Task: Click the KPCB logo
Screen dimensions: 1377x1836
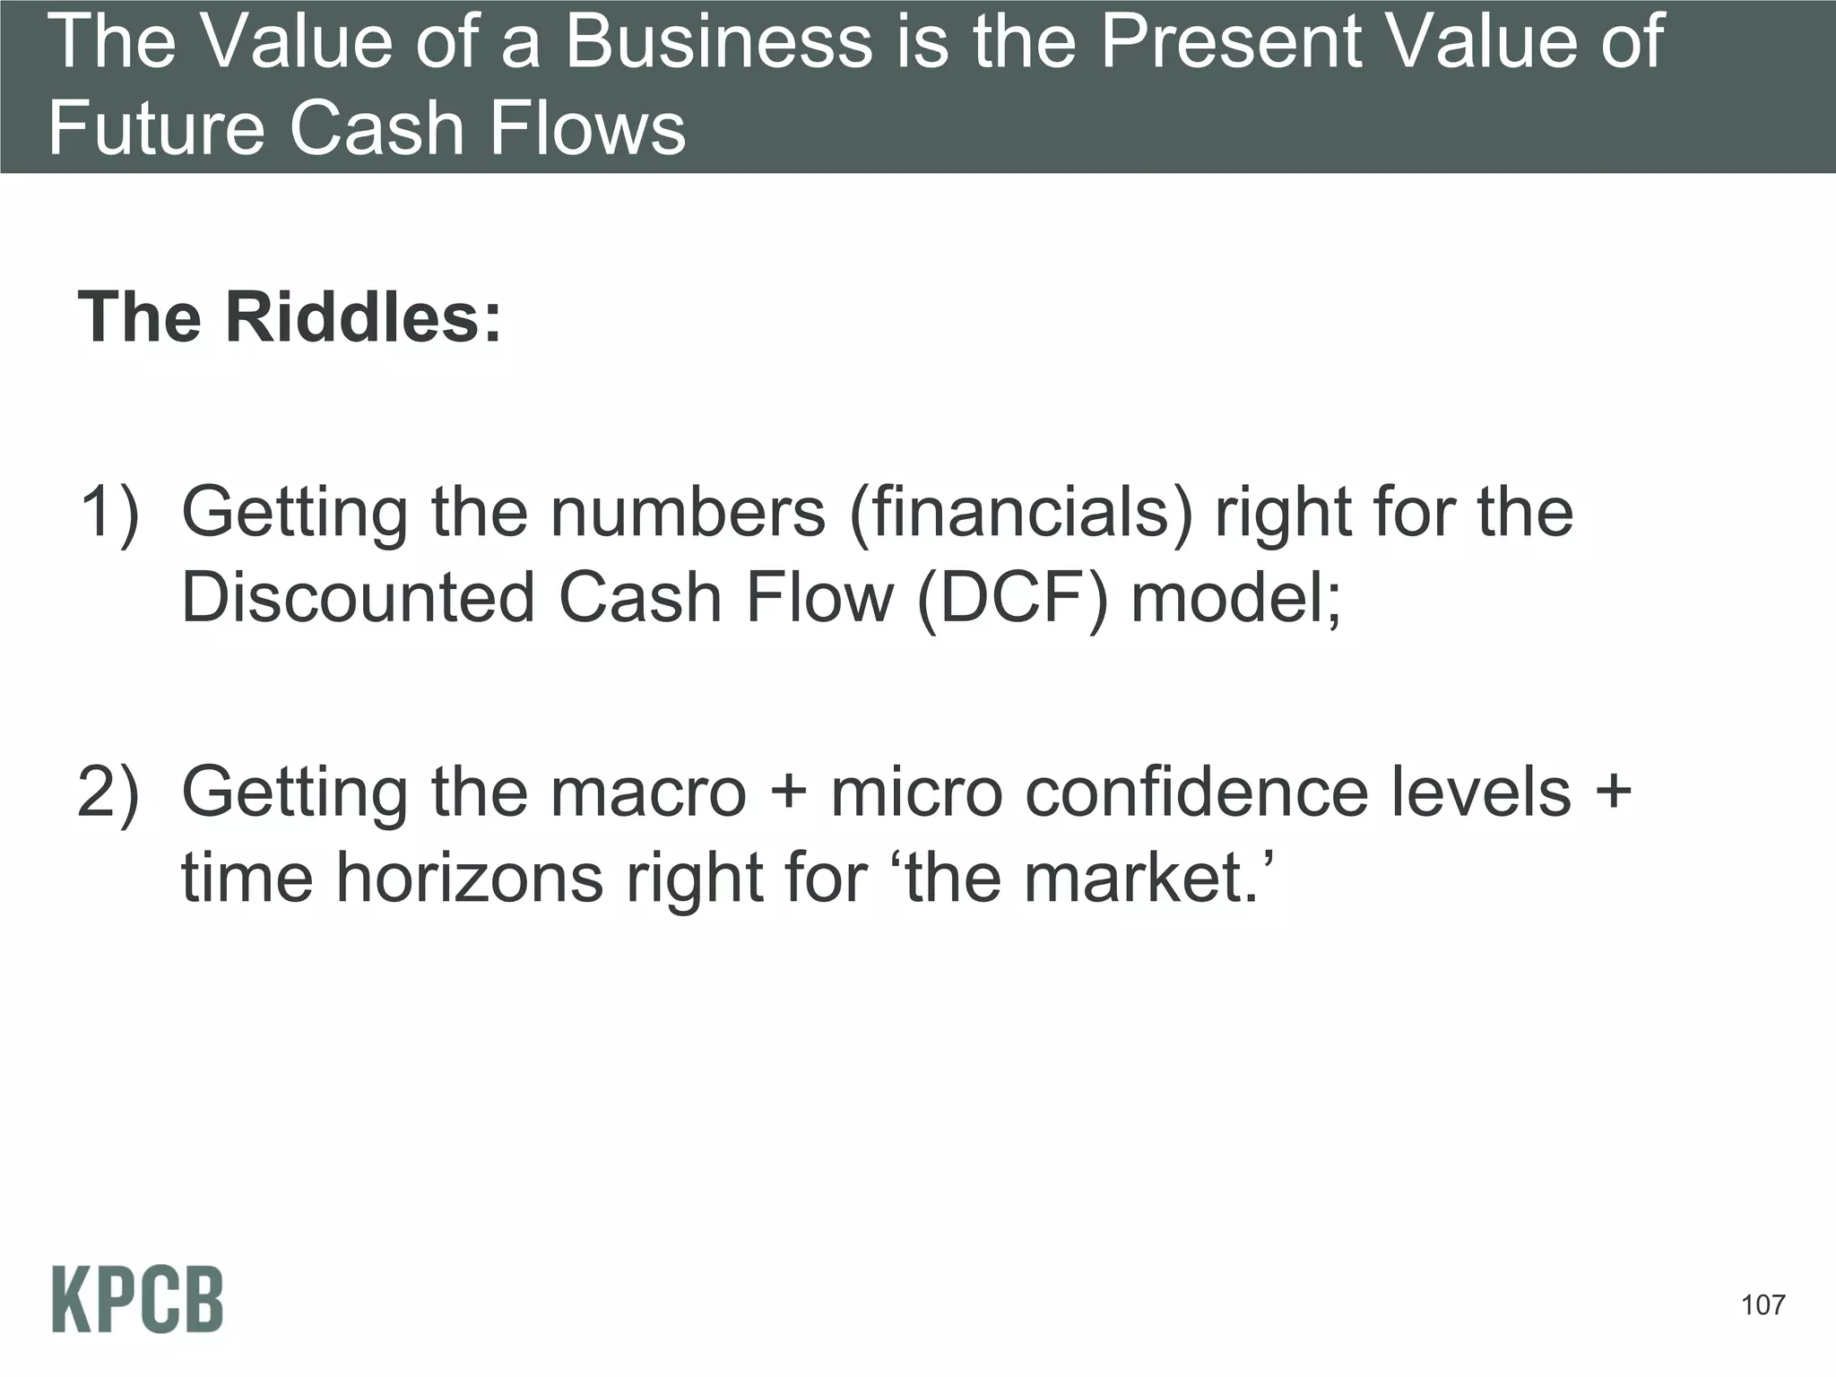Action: pos(137,1299)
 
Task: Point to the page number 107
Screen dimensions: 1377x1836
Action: pos(1762,1304)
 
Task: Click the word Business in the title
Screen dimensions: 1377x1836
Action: pos(717,42)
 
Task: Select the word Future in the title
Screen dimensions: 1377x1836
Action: pos(156,128)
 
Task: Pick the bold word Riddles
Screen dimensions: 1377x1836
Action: pos(362,317)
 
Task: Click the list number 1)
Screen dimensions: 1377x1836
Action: pos(109,513)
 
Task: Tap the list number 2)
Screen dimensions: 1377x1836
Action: pos(109,792)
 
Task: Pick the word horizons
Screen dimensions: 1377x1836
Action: pos(470,879)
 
